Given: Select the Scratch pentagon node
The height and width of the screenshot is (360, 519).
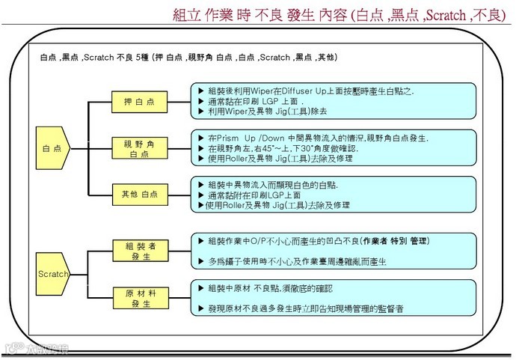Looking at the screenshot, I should tap(53, 274).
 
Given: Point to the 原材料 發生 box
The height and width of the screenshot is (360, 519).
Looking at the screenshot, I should tap(135, 296).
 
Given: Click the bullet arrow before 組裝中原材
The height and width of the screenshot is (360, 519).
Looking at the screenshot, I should tap(200, 288).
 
